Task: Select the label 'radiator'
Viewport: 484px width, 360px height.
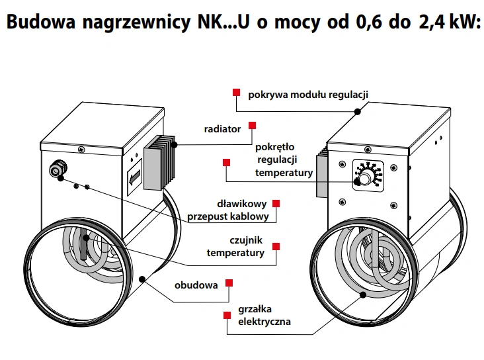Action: [x=222, y=129]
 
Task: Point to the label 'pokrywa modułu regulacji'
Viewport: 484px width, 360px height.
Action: [x=307, y=94]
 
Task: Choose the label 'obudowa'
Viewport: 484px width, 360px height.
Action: [x=196, y=286]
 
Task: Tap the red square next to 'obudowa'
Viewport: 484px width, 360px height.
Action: [x=229, y=283]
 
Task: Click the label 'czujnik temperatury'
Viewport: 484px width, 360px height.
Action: [x=236, y=247]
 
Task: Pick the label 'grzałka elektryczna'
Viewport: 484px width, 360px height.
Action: [x=264, y=316]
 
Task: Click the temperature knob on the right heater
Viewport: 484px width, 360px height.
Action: [x=364, y=179]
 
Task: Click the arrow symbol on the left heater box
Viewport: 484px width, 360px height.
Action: [x=134, y=178]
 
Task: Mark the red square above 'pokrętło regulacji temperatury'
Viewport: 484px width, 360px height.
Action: [x=227, y=162]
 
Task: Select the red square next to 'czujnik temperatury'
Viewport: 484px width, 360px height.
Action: [x=276, y=246]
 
